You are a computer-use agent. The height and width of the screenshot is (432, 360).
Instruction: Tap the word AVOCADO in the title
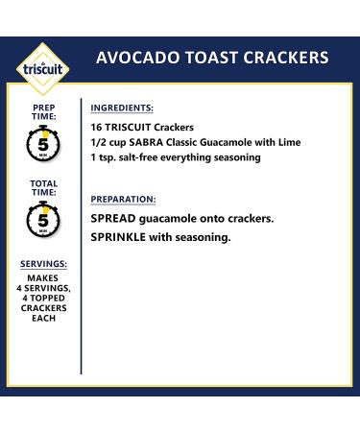[135, 59]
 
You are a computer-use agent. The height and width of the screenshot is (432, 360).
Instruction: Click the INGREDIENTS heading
[122, 108]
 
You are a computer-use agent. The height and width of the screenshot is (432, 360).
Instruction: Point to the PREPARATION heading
[124, 199]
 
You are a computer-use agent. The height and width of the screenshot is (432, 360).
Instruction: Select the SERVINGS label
[43, 263]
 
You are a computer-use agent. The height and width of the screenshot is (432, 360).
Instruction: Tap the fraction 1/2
[100, 142]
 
